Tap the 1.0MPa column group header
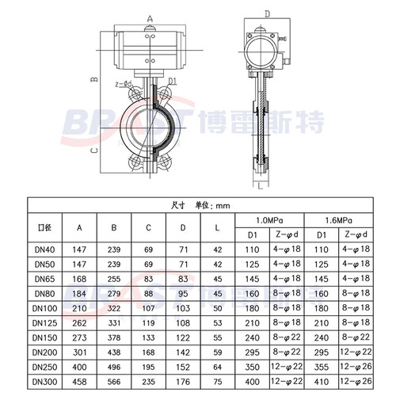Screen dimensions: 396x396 click(270, 219)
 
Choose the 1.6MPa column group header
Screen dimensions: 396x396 click(341, 219)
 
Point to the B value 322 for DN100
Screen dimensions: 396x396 click(114, 307)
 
